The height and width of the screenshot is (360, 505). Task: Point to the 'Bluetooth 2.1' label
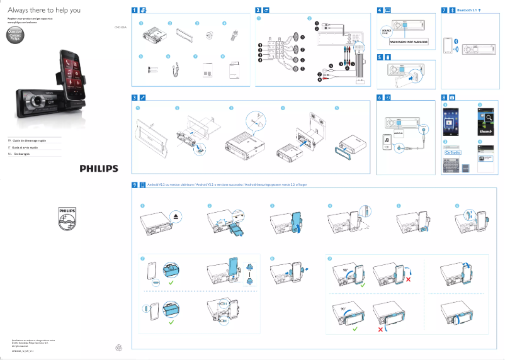(467, 11)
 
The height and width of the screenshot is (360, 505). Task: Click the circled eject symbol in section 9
(174, 217)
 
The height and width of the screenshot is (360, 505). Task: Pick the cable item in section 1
(175, 71)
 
